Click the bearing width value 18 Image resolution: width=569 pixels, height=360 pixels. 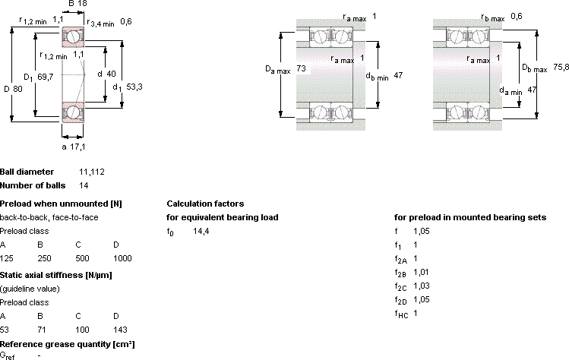pyautogui.click(x=83, y=4)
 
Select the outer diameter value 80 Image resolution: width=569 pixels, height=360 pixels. pyautogui.click(x=17, y=89)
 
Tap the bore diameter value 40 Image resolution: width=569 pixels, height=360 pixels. pyautogui.click(x=112, y=74)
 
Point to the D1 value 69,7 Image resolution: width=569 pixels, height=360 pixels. pyautogui.click(x=46, y=77)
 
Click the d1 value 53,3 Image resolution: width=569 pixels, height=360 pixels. pyautogui.click(x=134, y=87)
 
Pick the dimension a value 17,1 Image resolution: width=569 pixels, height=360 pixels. pyautogui.click(x=77, y=147)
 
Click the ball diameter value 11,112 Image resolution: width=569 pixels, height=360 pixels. pyautogui.click(x=92, y=172)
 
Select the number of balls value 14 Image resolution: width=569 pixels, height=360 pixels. pyautogui.click(x=84, y=185)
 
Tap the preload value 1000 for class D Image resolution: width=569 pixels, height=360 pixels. pyautogui.click(x=122, y=258)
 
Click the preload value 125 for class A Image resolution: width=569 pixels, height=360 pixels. pyautogui.click(x=7, y=258)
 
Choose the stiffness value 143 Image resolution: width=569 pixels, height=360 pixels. pyautogui.click(x=120, y=330)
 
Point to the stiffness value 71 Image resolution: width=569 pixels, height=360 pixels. pyautogui.click(x=42, y=330)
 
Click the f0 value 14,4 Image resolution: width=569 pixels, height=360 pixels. pyautogui.click(x=201, y=231)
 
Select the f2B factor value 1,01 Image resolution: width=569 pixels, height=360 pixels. pyautogui.click(x=422, y=272)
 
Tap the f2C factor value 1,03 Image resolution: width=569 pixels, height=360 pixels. pyautogui.click(x=422, y=286)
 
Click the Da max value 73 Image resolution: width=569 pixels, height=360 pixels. pyautogui.click(x=301, y=68)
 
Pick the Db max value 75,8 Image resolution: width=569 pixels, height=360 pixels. pyautogui.click(x=561, y=67)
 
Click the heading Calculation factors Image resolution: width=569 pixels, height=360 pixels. pyautogui.click(x=205, y=204)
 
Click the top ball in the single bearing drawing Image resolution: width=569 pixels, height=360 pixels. pyautogui.click(x=73, y=36)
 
